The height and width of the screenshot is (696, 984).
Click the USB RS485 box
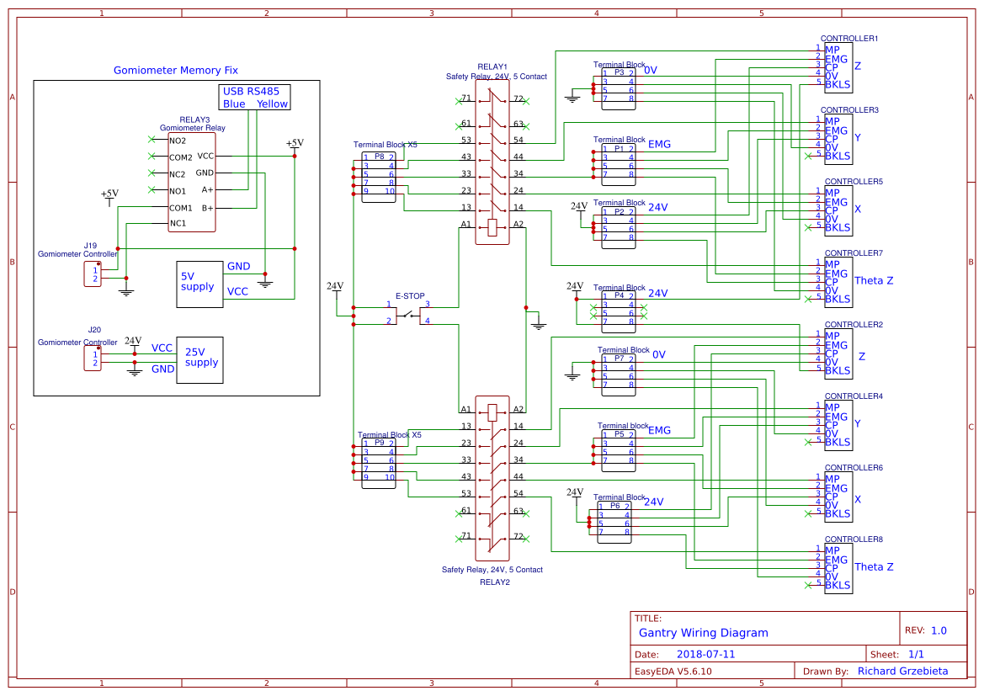point(255,97)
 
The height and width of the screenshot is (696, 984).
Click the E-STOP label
point(410,296)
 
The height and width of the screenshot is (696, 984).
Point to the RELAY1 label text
point(492,66)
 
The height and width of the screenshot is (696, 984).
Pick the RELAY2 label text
point(494,582)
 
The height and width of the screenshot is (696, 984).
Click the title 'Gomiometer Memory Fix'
point(176,71)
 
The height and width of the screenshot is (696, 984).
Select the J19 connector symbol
point(93,274)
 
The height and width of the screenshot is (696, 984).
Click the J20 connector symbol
point(93,359)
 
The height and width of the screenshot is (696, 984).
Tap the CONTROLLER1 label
point(849,39)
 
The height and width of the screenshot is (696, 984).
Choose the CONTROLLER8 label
point(853,539)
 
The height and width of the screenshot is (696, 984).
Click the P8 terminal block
point(379,174)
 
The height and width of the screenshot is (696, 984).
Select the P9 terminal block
point(379,460)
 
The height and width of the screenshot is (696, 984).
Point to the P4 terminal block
point(618,308)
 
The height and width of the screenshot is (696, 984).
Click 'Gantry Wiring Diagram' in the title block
point(703,633)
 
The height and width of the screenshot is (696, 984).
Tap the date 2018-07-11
point(705,654)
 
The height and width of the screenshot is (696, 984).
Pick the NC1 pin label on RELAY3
point(178,223)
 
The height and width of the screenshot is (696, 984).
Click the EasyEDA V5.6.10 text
point(673,672)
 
